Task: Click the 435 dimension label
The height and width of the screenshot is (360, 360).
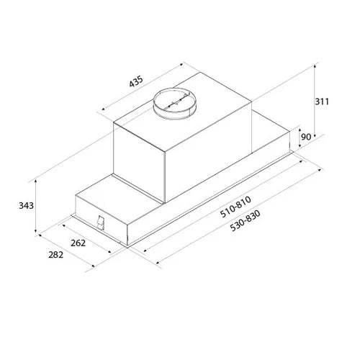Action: pyautogui.click(x=136, y=81)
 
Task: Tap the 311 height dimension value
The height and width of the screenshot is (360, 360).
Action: pyautogui.click(x=322, y=102)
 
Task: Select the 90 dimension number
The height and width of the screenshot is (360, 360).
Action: pyautogui.click(x=306, y=137)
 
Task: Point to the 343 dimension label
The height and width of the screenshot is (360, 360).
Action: pyautogui.click(x=26, y=206)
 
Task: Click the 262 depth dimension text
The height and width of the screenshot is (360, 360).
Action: pyautogui.click(x=78, y=243)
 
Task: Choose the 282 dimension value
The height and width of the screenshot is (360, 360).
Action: pyautogui.click(x=56, y=255)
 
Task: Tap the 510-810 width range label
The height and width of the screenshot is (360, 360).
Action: pyautogui.click(x=235, y=207)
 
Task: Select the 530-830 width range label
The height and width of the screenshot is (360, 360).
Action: pyautogui.click(x=245, y=220)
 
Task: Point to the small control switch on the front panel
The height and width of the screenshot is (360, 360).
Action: pyautogui.click(x=101, y=223)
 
